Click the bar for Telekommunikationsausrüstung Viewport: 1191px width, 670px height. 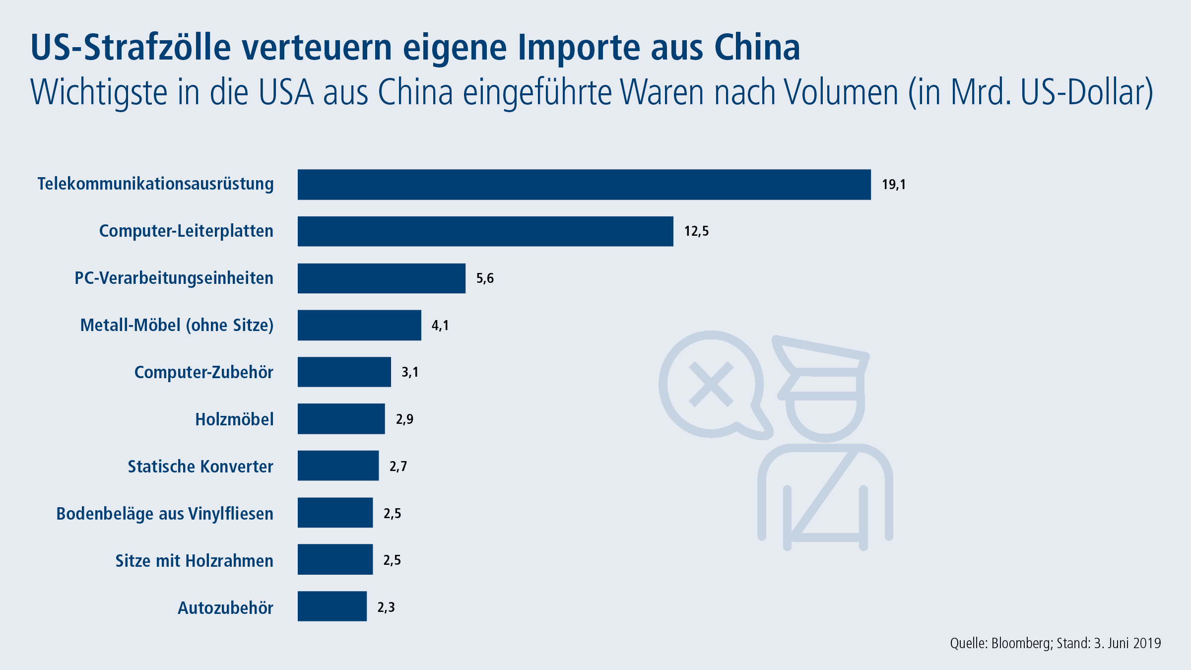pos(584,185)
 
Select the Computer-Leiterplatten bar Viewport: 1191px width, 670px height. pos(485,231)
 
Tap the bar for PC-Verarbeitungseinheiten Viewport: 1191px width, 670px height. pos(381,278)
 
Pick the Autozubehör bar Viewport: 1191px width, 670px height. pos(332,606)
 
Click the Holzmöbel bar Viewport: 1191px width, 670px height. pos(341,419)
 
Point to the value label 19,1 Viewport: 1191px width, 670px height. pos(893,185)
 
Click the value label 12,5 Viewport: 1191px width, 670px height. pos(696,231)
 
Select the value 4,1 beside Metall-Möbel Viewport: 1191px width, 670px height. pos(440,326)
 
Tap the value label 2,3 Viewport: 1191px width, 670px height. pos(386,607)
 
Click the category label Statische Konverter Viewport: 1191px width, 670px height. pos(200,467)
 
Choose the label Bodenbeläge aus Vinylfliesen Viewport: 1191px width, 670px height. pos(165,514)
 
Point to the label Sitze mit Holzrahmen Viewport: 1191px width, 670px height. pos(194,561)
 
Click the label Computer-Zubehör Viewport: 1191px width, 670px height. pos(203,372)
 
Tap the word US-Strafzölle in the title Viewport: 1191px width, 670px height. pos(131,48)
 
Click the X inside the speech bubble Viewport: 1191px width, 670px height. pos(711,384)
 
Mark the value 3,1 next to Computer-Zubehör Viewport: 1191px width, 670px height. pos(410,372)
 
